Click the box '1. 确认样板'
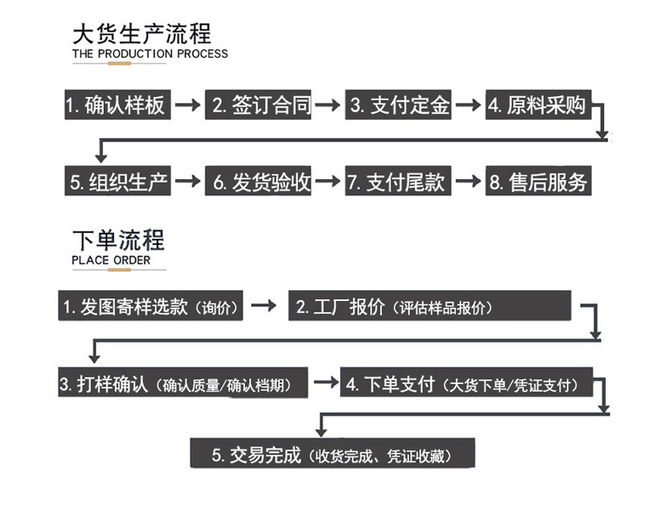click(x=118, y=105)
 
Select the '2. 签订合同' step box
click(x=259, y=105)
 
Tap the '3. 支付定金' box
click(x=398, y=105)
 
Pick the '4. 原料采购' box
click(x=538, y=105)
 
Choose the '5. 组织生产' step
click(x=118, y=181)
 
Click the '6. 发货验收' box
click(x=259, y=181)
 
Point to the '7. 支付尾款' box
click(x=398, y=181)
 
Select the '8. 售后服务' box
click(x=538, y=181)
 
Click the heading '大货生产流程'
click(x=142, y=34)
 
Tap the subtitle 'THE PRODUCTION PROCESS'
click(x=150, y=54)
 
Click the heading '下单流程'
click(x=118, y=240)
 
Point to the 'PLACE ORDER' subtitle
click(x=111, y=259)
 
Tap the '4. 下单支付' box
click(x=466, y=383)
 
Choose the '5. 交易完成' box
click(x=332, y=455)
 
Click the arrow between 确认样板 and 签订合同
click(x=189, y=105)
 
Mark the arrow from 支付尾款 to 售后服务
click(x=468, y=181)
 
